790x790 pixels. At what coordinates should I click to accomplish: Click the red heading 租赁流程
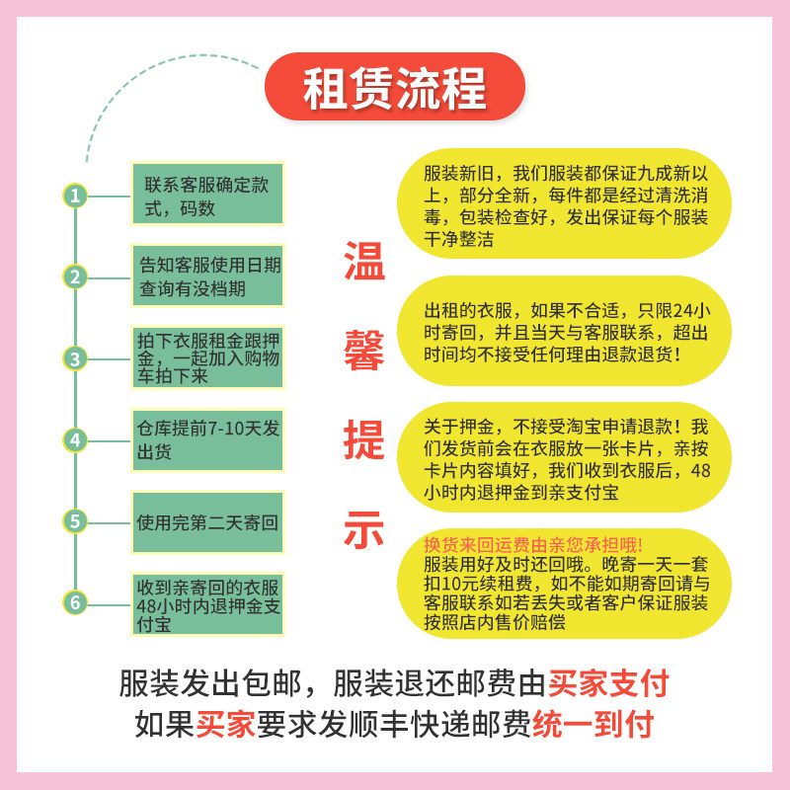394,88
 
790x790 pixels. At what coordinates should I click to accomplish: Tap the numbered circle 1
75,196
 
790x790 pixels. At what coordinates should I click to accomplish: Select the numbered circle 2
75,276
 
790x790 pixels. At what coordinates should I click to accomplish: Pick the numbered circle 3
75,357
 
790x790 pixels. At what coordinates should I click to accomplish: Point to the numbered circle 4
75,439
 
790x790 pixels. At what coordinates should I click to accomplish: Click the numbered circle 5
75,520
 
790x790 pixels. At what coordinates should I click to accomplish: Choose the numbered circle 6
75,601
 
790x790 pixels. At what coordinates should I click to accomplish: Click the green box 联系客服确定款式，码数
206,196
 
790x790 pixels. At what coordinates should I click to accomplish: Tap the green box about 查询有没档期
206,276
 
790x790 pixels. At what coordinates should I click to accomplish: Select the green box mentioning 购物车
206,358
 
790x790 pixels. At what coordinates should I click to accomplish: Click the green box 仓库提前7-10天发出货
206,439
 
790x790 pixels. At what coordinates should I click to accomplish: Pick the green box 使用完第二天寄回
206,520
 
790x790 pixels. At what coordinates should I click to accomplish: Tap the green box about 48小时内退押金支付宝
206,602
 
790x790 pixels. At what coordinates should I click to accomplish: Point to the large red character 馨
362,353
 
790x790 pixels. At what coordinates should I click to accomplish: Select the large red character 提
362,441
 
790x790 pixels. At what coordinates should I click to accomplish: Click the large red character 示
362,530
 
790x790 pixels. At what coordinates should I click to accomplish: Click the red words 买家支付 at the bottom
609,683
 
